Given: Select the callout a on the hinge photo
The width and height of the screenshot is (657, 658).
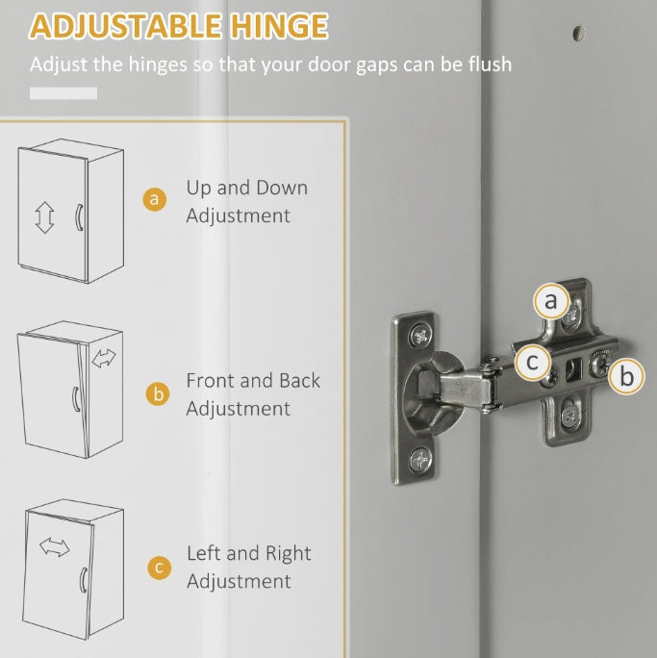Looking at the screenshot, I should [550, 302].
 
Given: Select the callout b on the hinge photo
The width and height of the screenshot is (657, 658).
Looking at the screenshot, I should [626, 376].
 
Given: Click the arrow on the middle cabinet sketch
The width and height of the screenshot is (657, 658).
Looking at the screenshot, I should [103, 359].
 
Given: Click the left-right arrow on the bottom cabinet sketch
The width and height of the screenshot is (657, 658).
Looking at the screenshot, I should [55, 547].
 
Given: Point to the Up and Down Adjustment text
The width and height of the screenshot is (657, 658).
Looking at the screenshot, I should [246, 201].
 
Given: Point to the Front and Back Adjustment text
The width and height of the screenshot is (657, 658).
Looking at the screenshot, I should [253, 394].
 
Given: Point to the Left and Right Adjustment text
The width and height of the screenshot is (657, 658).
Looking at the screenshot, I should [248, 568].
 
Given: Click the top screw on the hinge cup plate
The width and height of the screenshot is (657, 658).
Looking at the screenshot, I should [420, 336].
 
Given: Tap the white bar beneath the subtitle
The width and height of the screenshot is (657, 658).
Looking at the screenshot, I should [63, 93].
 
